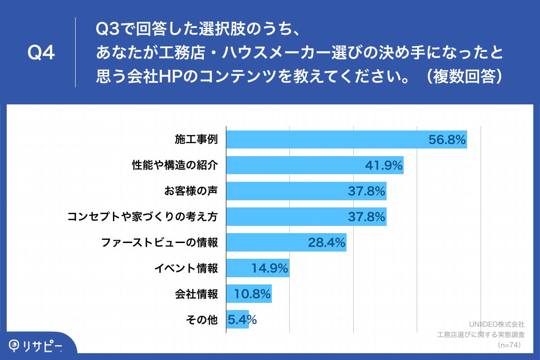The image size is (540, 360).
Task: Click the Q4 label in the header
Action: tap(41, 53)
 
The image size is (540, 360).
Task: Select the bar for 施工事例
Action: tap(324, 139)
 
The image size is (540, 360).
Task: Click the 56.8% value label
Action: tap(446, 140)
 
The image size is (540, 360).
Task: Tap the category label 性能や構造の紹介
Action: tap(175, 165)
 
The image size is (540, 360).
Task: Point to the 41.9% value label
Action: tap(383, 166)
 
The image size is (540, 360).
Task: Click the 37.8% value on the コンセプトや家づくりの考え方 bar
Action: tap(366, 217)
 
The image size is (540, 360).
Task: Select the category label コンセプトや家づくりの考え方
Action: tap(143, 217)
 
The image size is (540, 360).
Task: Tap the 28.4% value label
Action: tap(326, 243)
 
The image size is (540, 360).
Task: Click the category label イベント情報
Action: tap(186, 269)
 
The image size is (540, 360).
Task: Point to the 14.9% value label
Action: tap(269, 269)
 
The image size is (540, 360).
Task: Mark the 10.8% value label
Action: tap(252, 294)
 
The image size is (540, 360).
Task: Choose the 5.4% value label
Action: tap(242, 320)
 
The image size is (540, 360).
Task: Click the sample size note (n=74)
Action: tap(508, 345)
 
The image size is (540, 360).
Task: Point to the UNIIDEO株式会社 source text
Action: tap(496, 324)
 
